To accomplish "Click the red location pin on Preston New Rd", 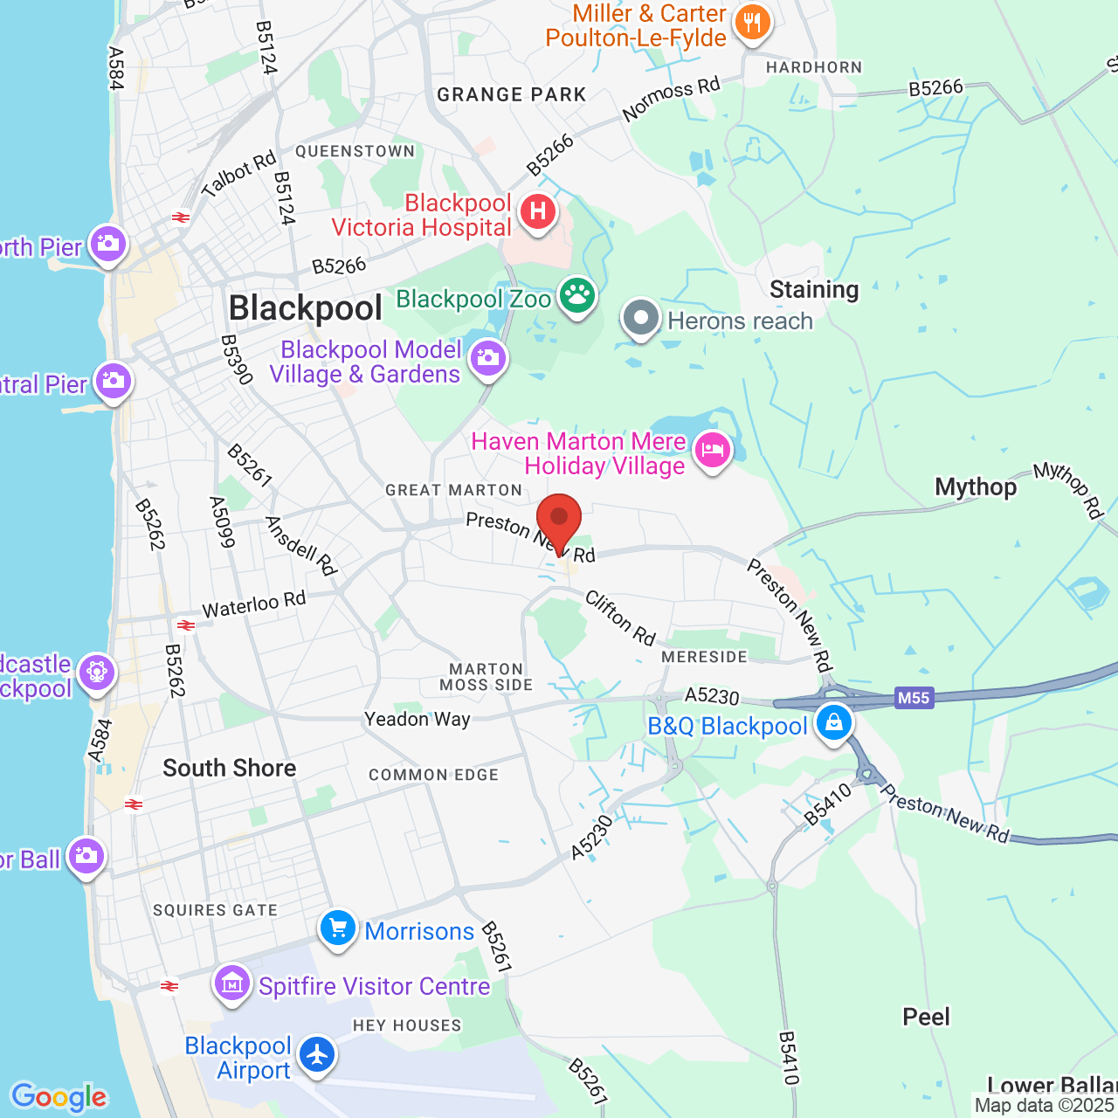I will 559,518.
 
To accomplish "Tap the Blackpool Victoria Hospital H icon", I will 538,211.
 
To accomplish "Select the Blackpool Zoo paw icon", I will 576,295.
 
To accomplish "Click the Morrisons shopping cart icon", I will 338,928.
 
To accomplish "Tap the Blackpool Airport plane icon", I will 316,1054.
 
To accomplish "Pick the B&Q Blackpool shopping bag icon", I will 834,722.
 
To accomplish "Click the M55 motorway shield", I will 914,698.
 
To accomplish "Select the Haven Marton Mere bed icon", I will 713,451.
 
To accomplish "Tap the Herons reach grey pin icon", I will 641,318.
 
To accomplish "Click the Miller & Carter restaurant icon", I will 752,22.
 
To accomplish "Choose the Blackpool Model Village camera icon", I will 488,358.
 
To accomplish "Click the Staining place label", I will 814,289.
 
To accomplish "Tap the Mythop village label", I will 976,487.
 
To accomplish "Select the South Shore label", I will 230,768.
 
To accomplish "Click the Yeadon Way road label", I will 418,719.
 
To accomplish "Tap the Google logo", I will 59,1097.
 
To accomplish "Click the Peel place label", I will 926,1017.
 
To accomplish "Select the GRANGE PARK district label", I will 512,94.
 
